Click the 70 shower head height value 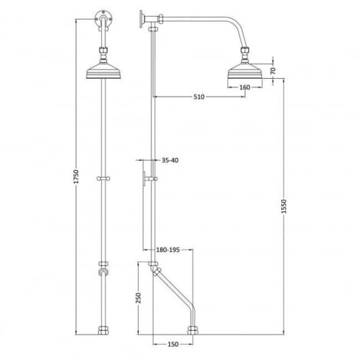pyautogui.click(x=272, y=70)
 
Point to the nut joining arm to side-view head pyautogui.click(x=245, y=54)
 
